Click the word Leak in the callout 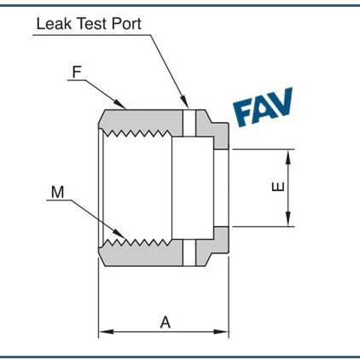coord(53,23)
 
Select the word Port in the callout coord(126,23)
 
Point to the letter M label coord(57,193)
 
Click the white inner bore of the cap coord(141,187)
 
